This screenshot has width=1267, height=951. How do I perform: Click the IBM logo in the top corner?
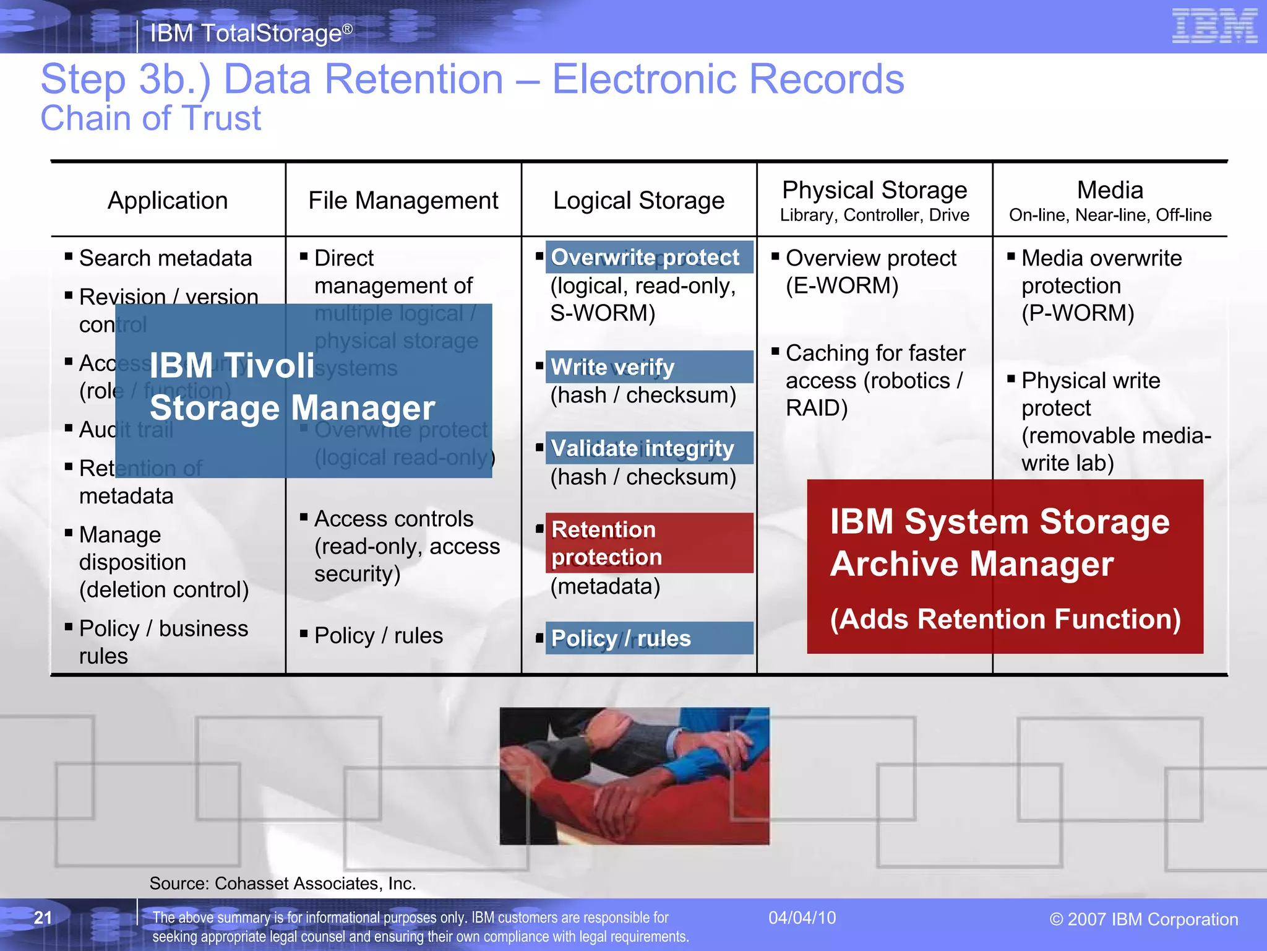tap(1214, 26)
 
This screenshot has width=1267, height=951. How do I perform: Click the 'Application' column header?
tap(168, 201)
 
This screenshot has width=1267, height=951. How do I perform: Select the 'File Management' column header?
tap(403, 201)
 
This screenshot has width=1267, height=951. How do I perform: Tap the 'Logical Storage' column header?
tap(638, 201)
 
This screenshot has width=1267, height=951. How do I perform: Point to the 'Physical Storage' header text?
tap(874, 190)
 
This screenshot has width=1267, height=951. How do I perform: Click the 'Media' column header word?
tap(1110, 190)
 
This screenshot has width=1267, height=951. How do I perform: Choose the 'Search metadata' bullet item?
tap(165, 258)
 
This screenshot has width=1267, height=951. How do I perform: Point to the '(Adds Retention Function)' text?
tap(1005, 619)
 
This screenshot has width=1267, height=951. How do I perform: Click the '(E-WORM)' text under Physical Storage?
tap(842, 286)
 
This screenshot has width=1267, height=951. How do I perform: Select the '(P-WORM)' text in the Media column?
tap(1078, 313)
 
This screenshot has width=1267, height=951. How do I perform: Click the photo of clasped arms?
tap(634, 776)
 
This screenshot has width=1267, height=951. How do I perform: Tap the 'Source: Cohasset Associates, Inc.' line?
tap(282, 884)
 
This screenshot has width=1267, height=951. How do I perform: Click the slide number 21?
tap(43, 918)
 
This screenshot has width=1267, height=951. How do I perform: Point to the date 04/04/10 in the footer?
tap(802, 918)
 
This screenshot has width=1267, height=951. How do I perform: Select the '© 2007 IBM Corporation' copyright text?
tap(1143, 919)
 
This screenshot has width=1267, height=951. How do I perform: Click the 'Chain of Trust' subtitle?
tap(151, 118)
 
